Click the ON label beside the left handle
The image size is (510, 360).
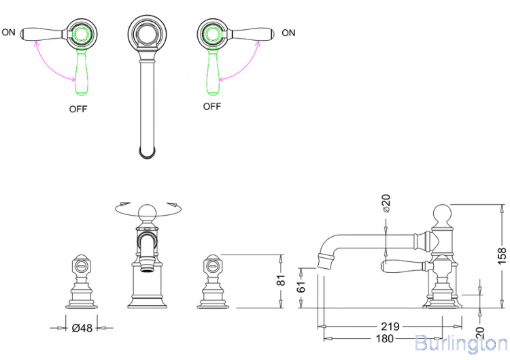point(9,32)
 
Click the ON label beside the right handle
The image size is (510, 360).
point(288,32)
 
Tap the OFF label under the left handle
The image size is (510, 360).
point(78,108)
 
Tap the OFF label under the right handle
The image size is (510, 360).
point(212,106)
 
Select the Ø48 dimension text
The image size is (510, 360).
point(82,327)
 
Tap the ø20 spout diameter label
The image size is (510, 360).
point(386,204)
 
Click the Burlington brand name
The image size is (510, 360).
point(460,342)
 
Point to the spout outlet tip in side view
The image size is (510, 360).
point(324,261)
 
